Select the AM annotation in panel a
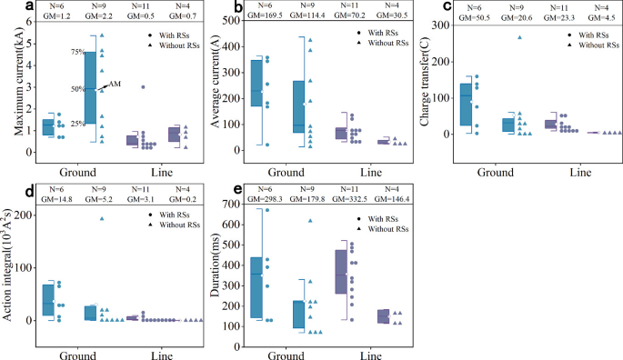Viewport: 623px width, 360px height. [x=115, y=85]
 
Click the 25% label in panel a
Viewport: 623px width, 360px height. [x=78, y=124]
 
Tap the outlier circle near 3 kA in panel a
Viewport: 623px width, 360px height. [x=143, y=87]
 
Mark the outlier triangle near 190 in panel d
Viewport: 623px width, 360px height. [x=102, y=218]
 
